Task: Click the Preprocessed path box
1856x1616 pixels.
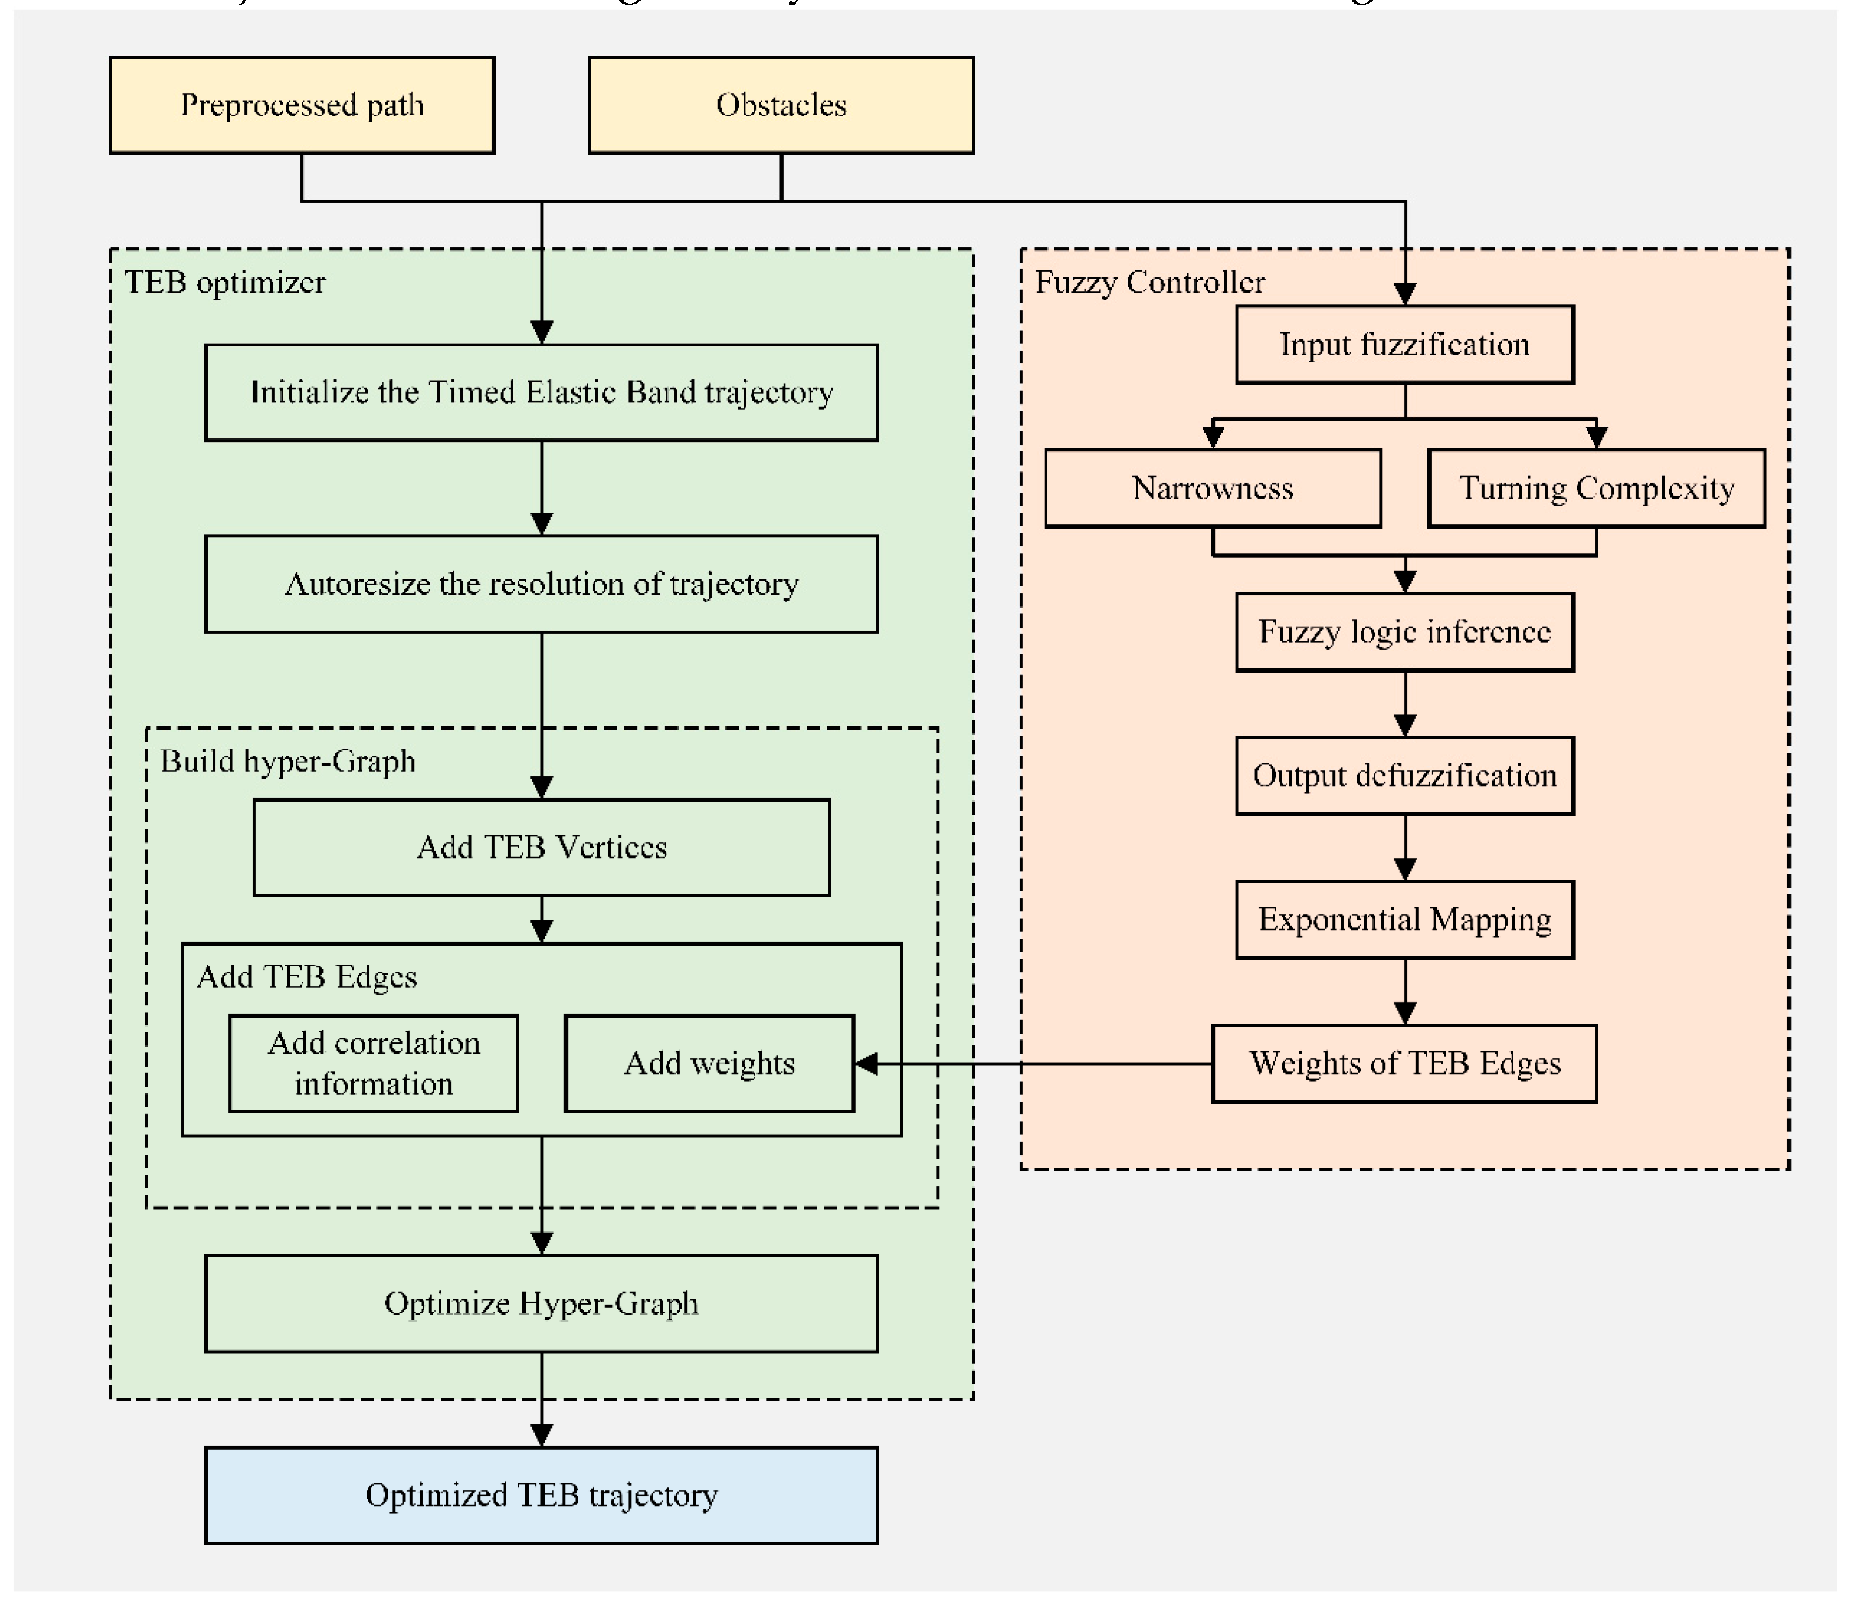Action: [x=302, y=105]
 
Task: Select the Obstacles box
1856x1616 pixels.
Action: [x=781, y=105]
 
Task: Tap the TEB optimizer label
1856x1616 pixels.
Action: [x=225, y=283]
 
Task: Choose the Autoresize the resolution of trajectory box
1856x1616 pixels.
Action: [x=541, y=584]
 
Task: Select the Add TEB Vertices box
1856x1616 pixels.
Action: [x=541, y=848]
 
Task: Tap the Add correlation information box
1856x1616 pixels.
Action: [x=374, y=1064]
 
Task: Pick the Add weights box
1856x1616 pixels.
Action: [x=709, y=1064]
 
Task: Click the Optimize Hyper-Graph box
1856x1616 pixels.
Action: [x=541, y=1304]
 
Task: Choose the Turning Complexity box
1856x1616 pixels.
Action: [x=1596, y=489]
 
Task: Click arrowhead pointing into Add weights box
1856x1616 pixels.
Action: [x=866, y=1064]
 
